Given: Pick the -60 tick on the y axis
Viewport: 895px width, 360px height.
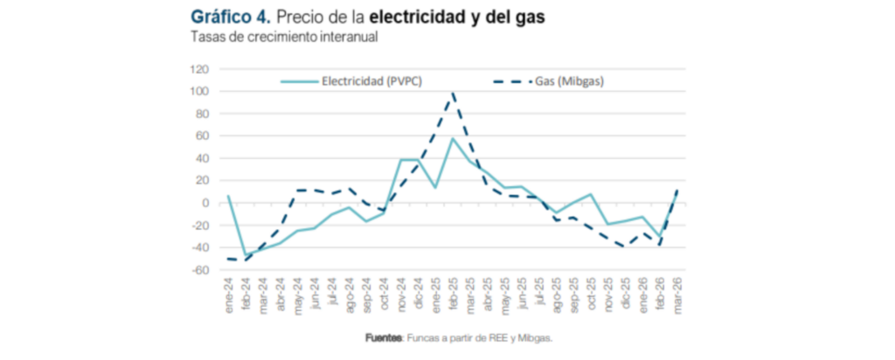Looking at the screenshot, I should pos(199,270).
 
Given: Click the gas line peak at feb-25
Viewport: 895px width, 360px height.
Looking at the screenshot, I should pos(453,93).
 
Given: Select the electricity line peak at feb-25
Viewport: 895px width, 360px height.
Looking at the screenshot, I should pos(453,138).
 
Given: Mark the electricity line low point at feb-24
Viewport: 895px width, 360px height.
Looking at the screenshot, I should pos(246,255).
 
